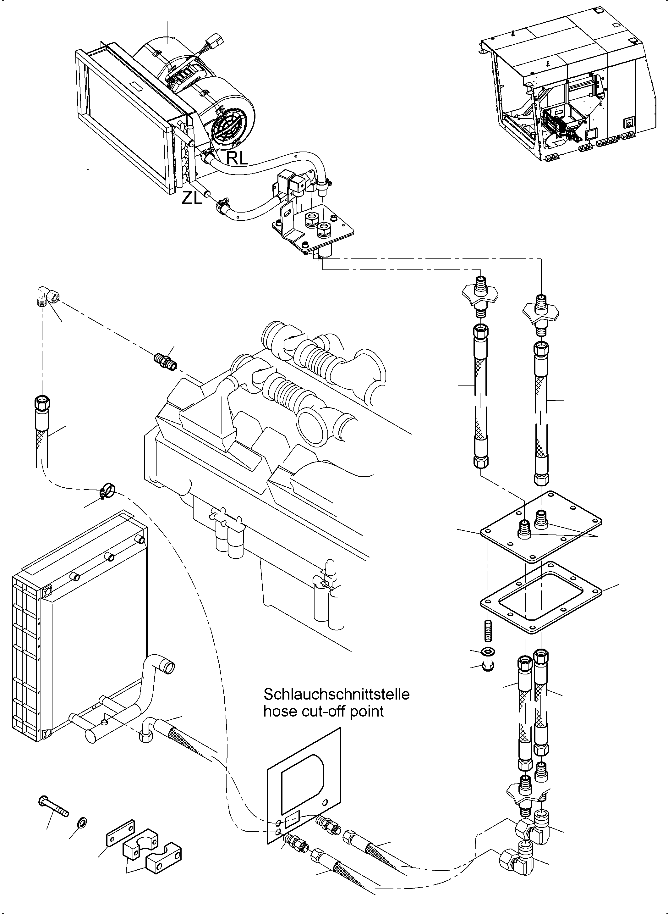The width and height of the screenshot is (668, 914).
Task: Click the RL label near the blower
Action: [237, 158]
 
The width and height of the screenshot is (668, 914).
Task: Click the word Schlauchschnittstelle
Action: [337, 694]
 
